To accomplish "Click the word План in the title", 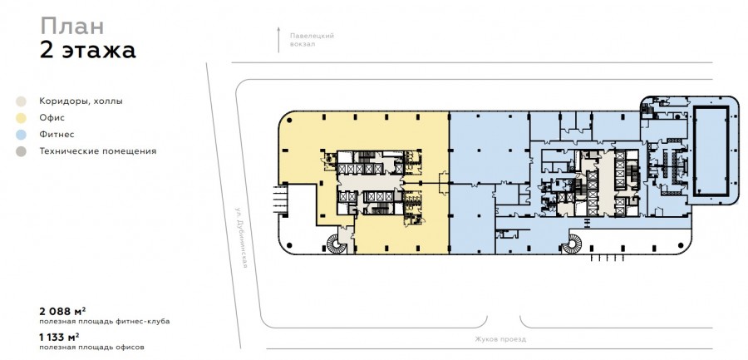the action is point(72,26).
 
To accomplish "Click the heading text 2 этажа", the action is point(88,50).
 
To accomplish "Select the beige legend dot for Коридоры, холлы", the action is point(21,101).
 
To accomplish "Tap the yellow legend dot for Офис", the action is point(21,118).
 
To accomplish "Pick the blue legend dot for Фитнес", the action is point(21,135).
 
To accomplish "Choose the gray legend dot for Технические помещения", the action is point(21,151).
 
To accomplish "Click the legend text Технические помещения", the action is point(98,151).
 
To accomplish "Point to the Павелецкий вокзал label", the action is point(312,40).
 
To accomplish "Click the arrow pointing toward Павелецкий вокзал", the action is point(279,40).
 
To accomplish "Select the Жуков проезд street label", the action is point(500,339).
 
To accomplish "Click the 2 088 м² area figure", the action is point(62,312).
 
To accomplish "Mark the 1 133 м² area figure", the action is point(59,338).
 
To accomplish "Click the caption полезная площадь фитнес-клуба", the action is point(105,322).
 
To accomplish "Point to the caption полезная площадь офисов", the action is point(91,348).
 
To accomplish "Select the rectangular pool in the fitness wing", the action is point(711,150).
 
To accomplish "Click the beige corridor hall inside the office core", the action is point(369,182).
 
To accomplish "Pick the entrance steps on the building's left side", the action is point(280,200).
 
